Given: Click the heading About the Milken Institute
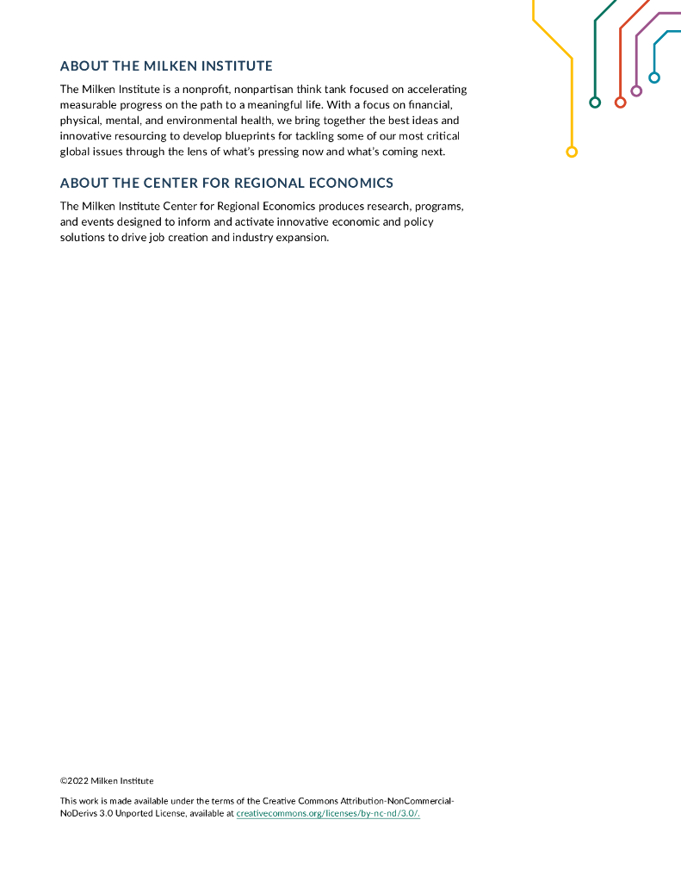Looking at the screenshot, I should (166, 66).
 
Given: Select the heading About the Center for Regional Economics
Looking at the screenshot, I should (226, 183).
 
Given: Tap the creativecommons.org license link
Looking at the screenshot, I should (328, 814).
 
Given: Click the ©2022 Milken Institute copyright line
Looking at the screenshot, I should (107, 781).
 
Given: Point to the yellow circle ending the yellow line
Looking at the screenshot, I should (572, 152).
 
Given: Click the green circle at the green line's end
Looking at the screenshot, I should (595, 102).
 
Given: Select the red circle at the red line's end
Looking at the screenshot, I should (620, 102).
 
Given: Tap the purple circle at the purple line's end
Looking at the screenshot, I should (636, 90).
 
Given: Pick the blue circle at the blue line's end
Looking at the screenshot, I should (654, 78).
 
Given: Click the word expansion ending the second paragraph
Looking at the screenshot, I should (302, 238).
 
